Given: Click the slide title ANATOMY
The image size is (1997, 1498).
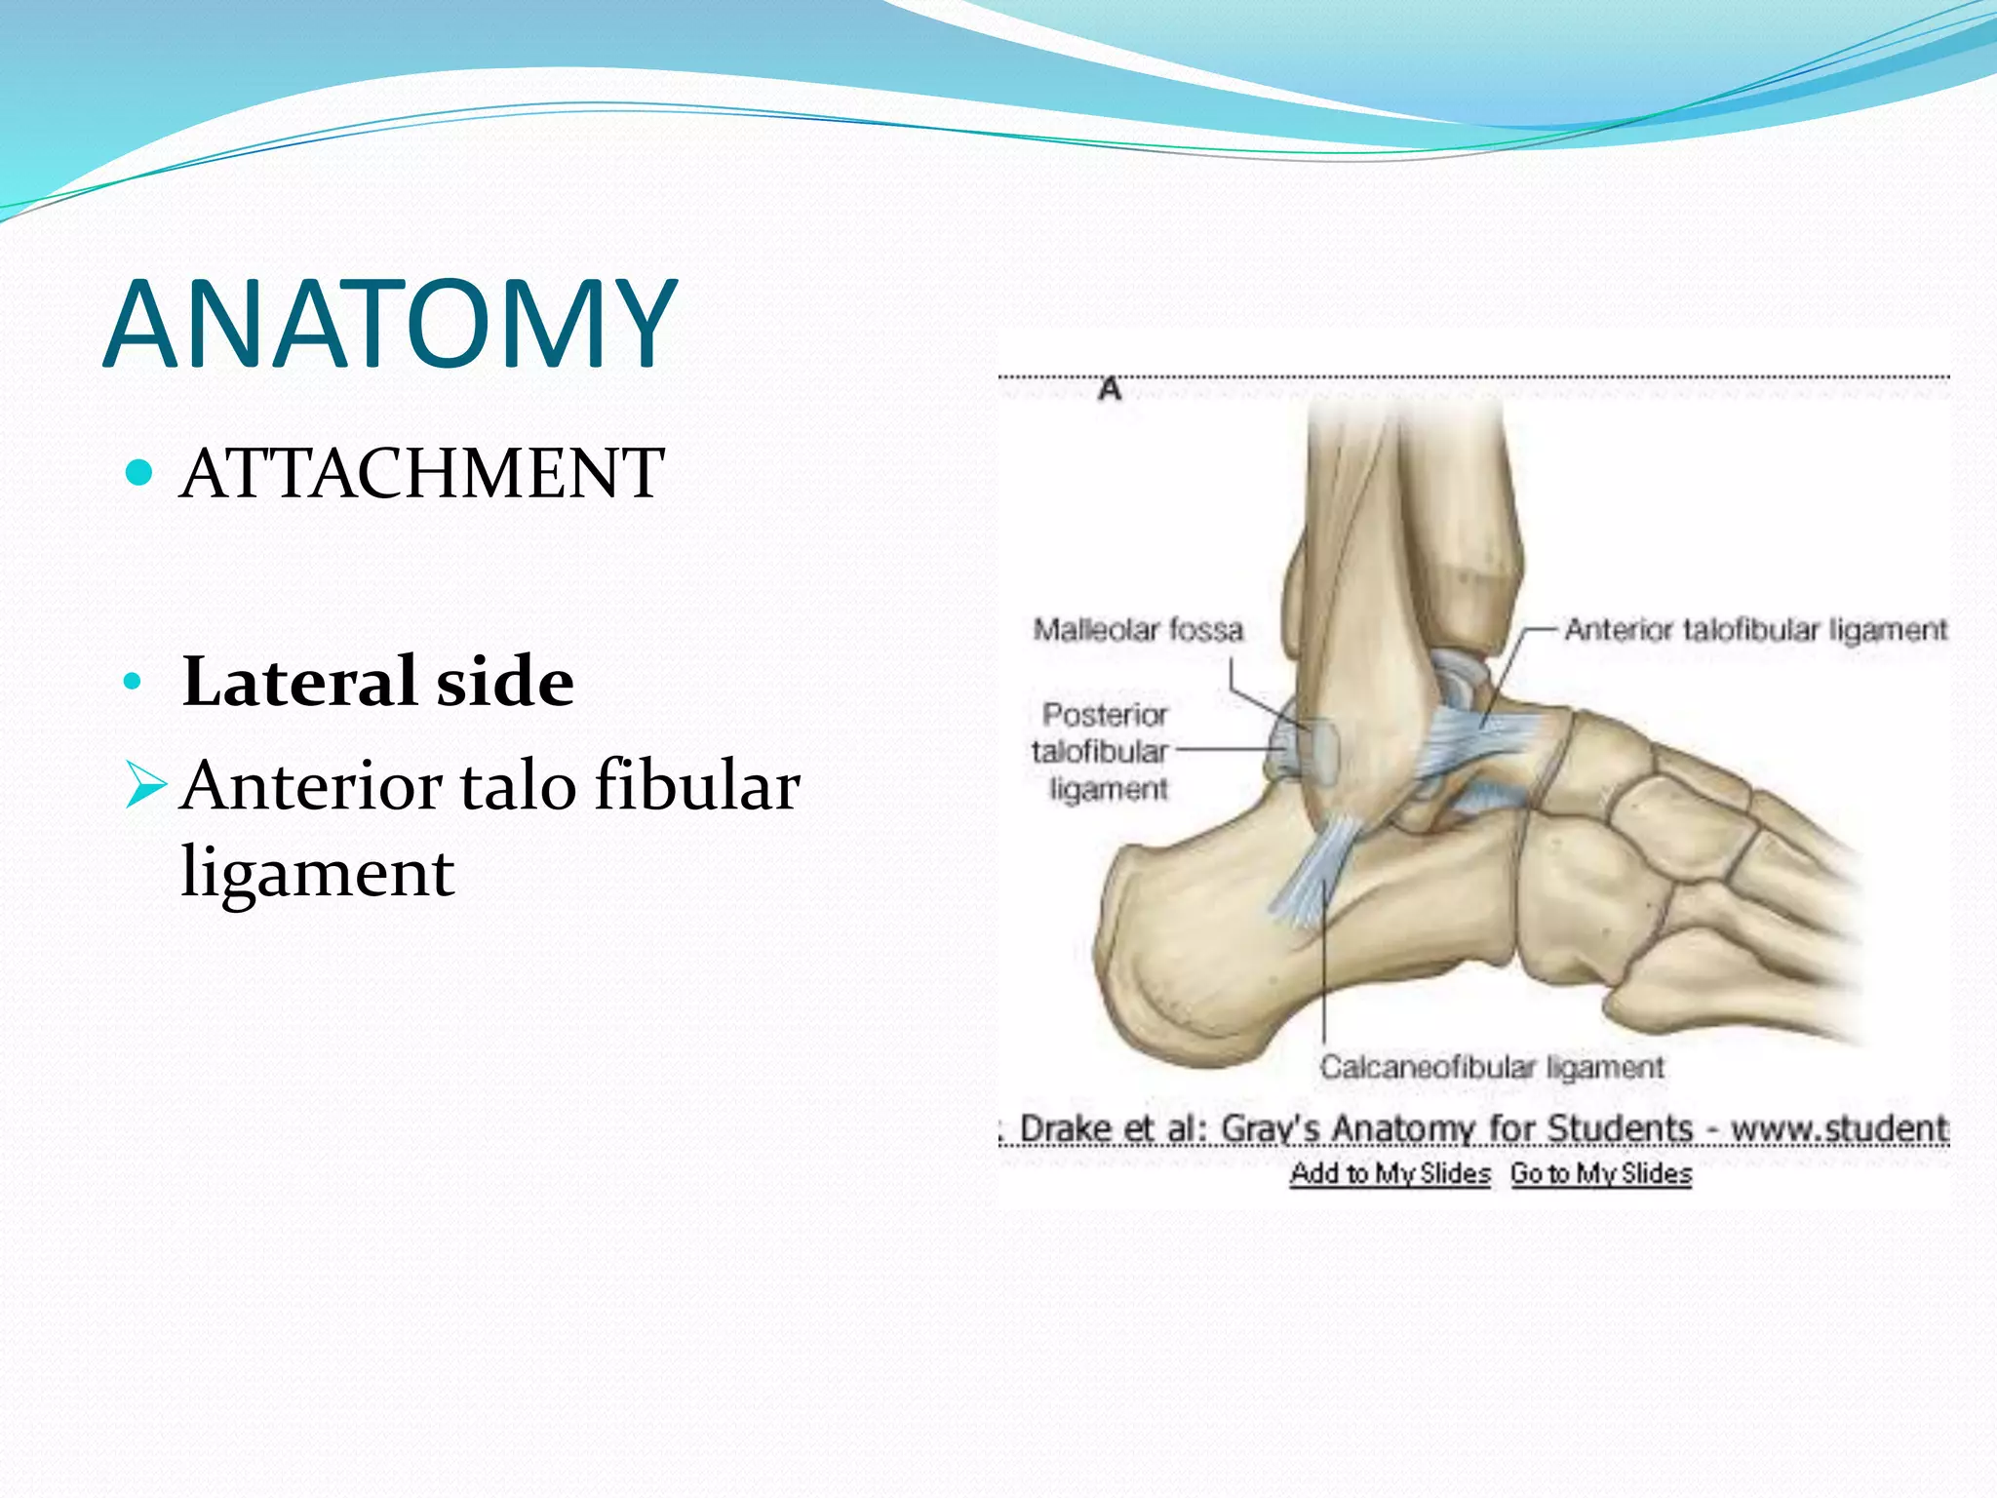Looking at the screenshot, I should coord(389,324).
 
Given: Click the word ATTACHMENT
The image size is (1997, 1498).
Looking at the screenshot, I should coord(422,474).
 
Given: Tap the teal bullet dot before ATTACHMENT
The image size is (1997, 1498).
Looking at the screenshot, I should coord(140,473).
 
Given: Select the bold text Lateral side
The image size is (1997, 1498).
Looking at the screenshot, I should coord(378,681).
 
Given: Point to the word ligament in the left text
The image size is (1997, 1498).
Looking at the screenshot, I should coord(318,871).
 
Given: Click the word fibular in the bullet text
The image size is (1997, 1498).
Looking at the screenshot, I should coord(697,785).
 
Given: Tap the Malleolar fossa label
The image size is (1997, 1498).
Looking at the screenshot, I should coord(1138,630).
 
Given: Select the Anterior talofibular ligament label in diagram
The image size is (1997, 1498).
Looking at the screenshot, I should coord(1755,630).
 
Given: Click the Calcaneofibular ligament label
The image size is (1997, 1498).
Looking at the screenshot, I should coord(1492,1067).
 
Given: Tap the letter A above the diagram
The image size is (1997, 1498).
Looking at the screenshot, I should coord(1110,389).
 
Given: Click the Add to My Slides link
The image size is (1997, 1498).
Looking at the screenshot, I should coord(1390,1173).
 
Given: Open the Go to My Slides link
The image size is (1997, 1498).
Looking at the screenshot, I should coord(1601,1173).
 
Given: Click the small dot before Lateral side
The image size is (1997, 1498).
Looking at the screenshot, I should coord(134,681).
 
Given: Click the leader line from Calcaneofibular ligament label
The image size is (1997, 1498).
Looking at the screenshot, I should coord(1324,975).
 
